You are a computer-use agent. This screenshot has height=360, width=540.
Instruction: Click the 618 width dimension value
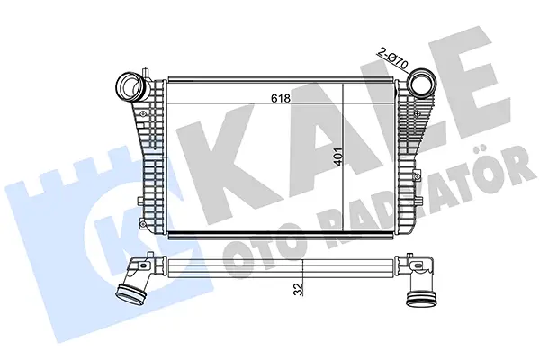281,98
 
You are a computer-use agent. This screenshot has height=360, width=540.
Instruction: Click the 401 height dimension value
338,157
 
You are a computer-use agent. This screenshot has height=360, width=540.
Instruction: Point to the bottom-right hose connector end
421,298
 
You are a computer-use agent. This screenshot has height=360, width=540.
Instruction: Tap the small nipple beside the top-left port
146,73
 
